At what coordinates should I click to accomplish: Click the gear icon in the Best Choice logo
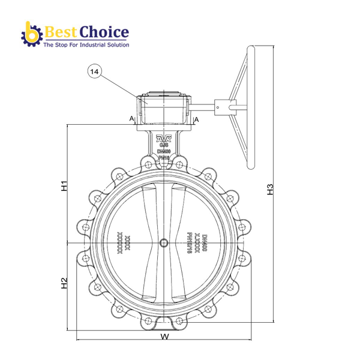pos(30,35)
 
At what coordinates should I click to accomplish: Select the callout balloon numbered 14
pos(94,71)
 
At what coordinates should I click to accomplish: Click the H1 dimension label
pos(64,185)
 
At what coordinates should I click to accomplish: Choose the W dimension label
pos(164,337)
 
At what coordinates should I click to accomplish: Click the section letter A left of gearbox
pos(131,119)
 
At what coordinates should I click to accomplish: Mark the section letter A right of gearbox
pos(196,119)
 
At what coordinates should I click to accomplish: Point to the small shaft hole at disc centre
pos(164,242)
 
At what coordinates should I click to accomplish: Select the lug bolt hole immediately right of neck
pos(180,163)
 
